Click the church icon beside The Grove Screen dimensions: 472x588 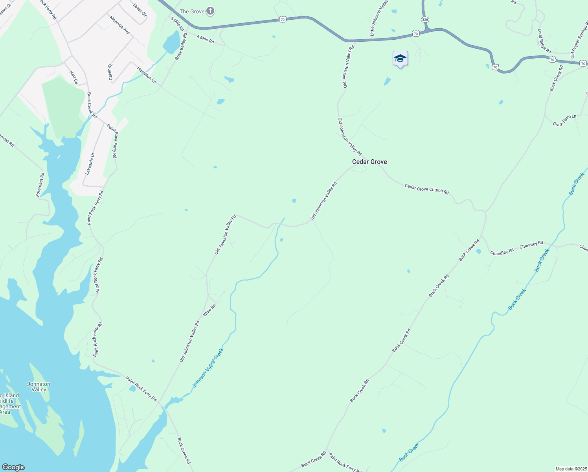click(210, 11)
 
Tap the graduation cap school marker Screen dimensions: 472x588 click(400, 59)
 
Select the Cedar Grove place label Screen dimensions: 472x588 click(369, 162)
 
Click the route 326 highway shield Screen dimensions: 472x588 click(424, 19)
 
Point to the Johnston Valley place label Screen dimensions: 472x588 click(39, 387)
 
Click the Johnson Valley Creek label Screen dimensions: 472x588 click(208, 368)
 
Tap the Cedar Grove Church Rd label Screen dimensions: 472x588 click(426, 189)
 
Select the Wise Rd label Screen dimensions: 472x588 click(209, 310)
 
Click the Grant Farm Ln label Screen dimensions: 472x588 click(564, 120)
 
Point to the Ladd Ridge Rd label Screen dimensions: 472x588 click(544, 41)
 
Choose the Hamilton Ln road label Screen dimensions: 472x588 click(147, 75)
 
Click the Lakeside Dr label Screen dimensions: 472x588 click(90, 164)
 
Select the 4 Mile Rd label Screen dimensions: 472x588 click(205, 39)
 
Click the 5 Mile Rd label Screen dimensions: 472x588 click(177, 24)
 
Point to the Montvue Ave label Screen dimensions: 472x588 click(119, 25)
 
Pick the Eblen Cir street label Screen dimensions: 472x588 click(140, 10)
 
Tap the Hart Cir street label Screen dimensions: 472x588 click(73, 77)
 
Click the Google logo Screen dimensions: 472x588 click(13, 467)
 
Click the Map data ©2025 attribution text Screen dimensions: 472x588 click(571, 469)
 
